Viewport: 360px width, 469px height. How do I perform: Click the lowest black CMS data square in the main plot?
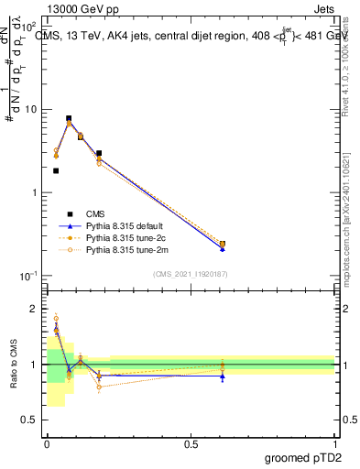pyautogui.click(x=56, y=170)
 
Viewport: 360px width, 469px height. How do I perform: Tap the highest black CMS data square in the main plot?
pyautogui.click(x=69, y=118)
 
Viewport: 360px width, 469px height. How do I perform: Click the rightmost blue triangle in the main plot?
pyautogui.click(x=223, y=248)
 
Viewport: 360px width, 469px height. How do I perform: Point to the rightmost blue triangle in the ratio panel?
pyautogui.click(x=223, y=376)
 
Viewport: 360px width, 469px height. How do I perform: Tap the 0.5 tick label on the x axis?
pyautogui.click(x=191, y=442)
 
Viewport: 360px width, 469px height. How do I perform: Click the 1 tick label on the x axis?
pyautogui.click(x=334, y=442)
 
